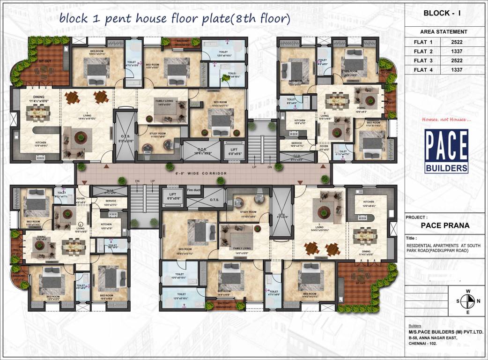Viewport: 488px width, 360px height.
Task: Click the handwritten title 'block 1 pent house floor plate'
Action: (x=174, y=19)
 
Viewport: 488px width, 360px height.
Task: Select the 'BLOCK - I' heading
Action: (x=442, y=13)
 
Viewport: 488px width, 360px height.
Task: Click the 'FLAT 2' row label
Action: (x=423, y=52)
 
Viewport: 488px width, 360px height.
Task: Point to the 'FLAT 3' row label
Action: (x=423, y=61)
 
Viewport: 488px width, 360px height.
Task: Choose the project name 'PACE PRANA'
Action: (x=445, y=225)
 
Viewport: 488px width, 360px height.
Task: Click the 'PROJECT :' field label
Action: (x=417, y=217)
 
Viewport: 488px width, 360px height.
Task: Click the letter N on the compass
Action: (x=478, y=301)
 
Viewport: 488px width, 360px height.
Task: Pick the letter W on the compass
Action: (x=467, y=291)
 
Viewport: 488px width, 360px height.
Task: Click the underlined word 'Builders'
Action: (x=414, y=326)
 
